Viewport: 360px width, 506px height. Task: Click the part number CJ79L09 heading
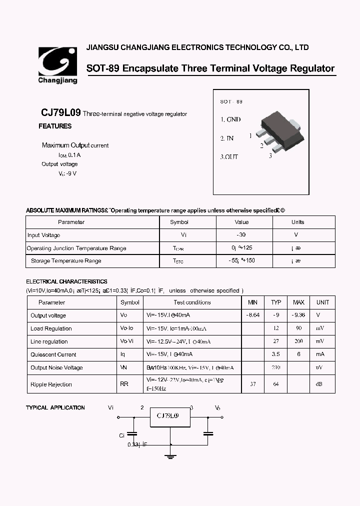[60, 113]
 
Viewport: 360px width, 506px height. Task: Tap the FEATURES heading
[55, 126]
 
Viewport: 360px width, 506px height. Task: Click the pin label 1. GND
[230, 119]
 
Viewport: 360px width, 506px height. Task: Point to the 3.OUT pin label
[229, 156]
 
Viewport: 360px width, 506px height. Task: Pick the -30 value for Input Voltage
[241, 235]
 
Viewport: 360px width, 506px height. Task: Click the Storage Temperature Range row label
[66, 261]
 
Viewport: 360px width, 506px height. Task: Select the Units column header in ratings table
[297, 222]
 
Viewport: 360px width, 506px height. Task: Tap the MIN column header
[253, 302]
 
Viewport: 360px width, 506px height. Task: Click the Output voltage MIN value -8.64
[253, 315]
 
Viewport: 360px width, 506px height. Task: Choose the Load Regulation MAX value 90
[298, 328]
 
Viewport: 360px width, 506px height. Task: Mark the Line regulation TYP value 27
[276, 341]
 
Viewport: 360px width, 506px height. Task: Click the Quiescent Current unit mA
[320, 354]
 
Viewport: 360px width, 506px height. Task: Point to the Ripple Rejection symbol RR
[124, 384]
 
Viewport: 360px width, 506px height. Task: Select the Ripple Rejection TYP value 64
[276, 384]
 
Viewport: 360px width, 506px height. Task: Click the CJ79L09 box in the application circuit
[171, 416]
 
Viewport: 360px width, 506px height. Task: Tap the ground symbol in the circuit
[171, 454]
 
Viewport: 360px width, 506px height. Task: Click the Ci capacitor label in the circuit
[121, 435]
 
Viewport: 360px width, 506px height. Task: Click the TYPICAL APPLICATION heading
[55, 408]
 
